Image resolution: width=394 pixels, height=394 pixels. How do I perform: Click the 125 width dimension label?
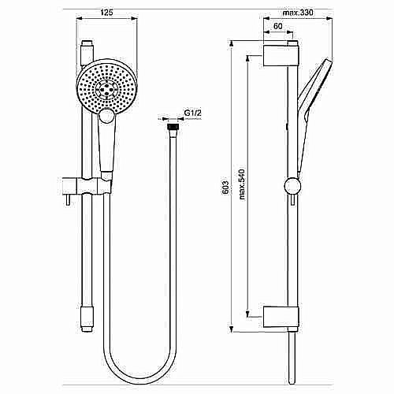[x=107, y=12]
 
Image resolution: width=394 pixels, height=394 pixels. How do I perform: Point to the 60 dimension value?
[x=278, y=26]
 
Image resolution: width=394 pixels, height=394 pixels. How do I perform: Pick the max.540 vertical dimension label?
[x=243, y=188]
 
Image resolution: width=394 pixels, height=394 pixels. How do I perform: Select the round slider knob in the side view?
[x=292, y=187]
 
